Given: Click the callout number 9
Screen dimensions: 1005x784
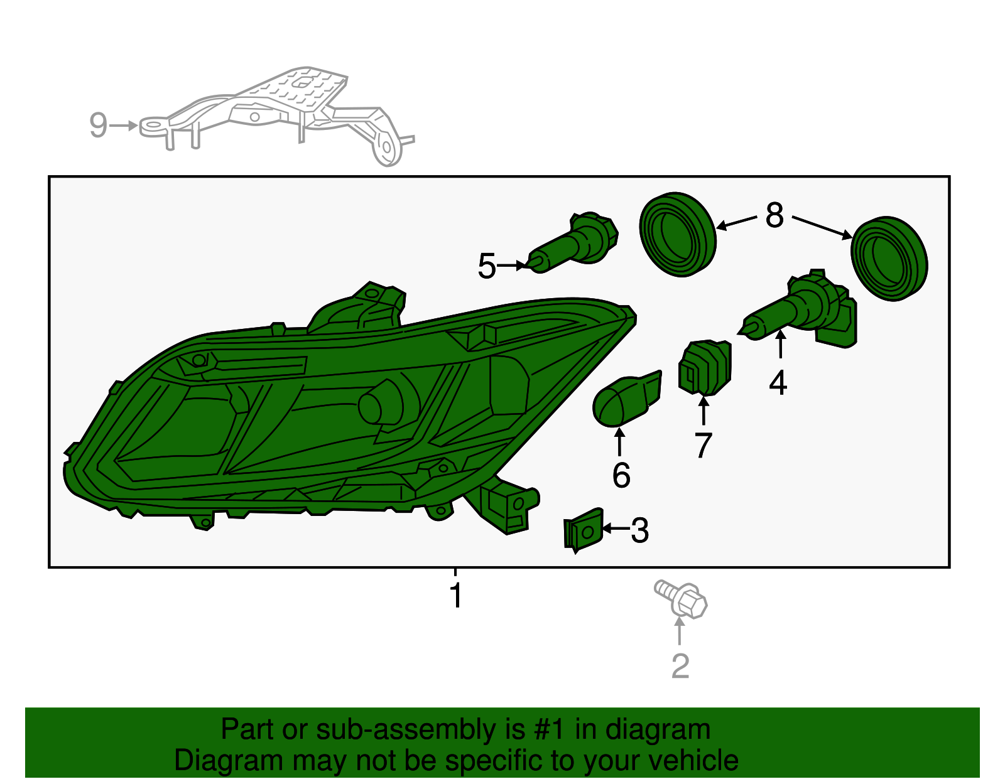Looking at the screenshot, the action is (x=98, y=125).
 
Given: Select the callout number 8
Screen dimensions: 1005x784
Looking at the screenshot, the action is (x=774, y=215).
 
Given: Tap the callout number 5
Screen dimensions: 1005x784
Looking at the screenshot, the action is (x=487, y=266).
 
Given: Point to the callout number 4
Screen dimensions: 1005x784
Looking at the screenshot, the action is (x=778, y=383).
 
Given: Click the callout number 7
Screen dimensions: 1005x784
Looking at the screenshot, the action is (x=703, y=446).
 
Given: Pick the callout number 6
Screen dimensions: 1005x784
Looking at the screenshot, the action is (x=621, y=475).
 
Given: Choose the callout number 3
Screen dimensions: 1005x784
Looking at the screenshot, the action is (x=640, y=530).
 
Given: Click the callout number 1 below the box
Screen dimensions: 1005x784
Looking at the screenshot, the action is (x=456, y=595).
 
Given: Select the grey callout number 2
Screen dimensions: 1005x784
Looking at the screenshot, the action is (x=680, y=666).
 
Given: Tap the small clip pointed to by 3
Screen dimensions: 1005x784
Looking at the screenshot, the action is (x=584, y=530).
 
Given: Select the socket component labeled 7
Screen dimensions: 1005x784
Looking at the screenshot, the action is (x=705, y=368).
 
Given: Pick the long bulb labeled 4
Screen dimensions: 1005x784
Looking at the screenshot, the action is (x=800, y=309).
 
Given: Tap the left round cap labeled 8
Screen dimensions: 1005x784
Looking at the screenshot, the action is (x=678, y=235).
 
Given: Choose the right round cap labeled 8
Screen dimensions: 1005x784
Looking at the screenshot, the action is (x=889, y=259).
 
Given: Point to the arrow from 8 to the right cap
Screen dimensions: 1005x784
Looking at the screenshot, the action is (x=822, y=227).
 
